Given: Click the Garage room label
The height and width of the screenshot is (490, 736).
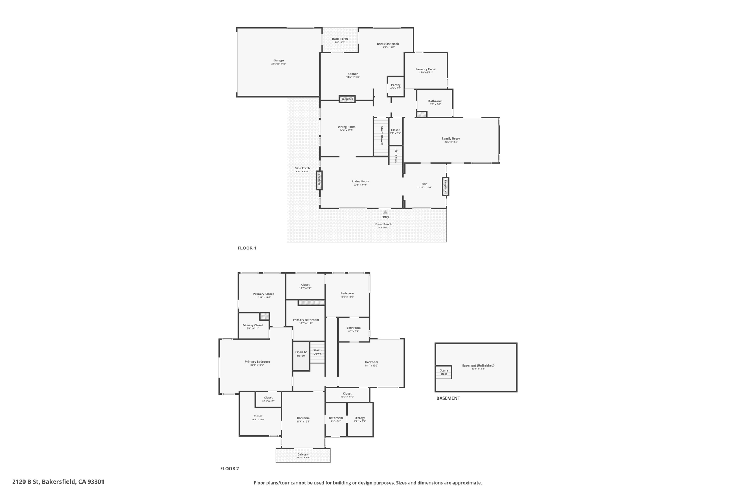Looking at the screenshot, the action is coord(279,60).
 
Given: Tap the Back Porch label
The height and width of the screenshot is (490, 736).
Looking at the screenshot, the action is coord(340,39).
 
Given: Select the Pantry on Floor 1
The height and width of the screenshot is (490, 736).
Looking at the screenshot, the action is coord(395,86).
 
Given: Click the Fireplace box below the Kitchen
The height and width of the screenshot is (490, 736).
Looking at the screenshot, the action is coord(347,99).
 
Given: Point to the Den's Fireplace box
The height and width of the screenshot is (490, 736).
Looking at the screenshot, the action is coord(445,186).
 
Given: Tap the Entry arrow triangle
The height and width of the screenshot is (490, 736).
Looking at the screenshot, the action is coord(385,212).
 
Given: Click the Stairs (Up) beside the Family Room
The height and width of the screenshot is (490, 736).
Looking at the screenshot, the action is coord(396,155).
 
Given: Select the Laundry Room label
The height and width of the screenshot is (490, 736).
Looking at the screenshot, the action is coord(426,69).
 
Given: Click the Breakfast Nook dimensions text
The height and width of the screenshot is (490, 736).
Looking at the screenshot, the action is coord(388,47).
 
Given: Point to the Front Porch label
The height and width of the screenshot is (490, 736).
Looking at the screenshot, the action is coord(383,224).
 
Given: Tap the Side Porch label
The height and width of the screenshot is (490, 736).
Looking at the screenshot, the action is coord(303,168).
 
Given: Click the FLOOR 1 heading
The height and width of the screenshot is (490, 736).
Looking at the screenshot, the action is coord(247,248).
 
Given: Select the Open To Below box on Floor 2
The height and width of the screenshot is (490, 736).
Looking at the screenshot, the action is coord(301,356).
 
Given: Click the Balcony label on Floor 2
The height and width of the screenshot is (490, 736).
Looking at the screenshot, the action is coord(303,454).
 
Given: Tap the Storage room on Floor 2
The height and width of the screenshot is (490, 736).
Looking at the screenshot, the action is coord(360,419).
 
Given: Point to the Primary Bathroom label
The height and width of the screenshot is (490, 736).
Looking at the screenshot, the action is coord(306,320).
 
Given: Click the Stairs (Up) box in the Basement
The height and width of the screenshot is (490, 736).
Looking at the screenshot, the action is coord(444,372).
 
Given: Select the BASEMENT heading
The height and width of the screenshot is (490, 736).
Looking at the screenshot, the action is coord(448,398).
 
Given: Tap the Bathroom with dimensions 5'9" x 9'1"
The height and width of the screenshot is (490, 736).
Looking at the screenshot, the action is coord(336,419).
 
